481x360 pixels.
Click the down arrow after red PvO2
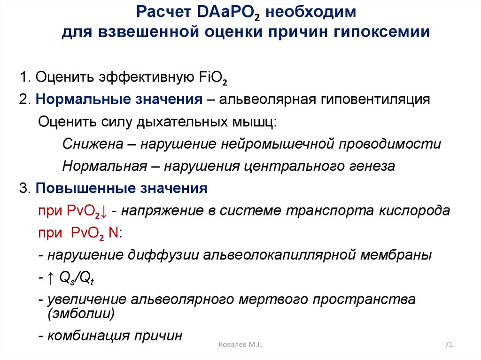[x=104, y=211]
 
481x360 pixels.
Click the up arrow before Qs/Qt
[x=51, y=278]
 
